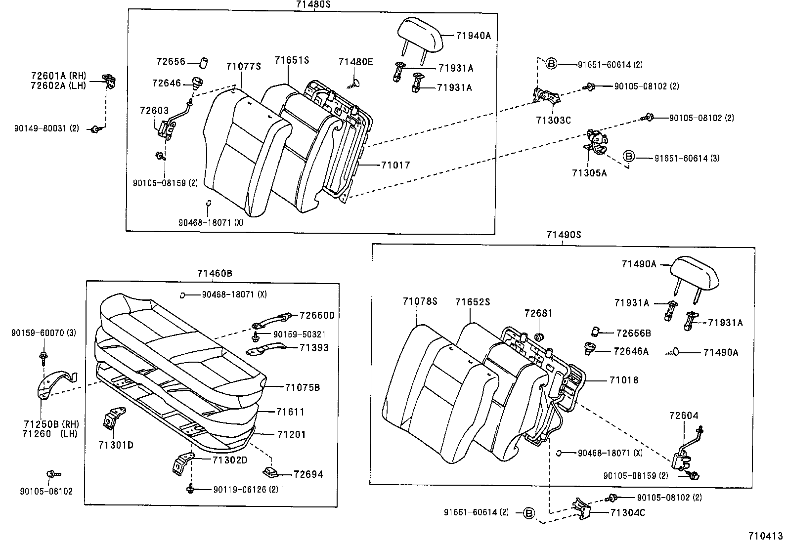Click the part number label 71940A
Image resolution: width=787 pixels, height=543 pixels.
473,36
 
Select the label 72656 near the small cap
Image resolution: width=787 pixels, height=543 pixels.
171,61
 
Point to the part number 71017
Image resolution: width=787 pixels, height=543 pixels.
395,165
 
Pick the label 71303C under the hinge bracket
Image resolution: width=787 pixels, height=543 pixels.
553,120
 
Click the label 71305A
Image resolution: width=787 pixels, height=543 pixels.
589,173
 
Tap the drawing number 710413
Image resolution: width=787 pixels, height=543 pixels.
765,536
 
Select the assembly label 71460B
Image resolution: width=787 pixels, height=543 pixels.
215,273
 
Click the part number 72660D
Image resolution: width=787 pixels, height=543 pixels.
317,315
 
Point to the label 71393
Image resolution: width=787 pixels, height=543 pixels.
314,347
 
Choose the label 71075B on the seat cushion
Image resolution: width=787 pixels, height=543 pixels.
303,387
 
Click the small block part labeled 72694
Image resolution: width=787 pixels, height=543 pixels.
270,472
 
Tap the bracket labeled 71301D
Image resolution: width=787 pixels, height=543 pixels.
114,418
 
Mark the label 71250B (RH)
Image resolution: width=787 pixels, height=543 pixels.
51,424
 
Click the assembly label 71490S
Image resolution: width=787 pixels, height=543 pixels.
564,235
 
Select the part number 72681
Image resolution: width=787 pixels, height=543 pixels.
538,313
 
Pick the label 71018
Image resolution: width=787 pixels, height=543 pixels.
624,379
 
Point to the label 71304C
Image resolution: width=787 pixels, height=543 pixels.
628,513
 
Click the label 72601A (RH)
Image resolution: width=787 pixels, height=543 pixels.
58,76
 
